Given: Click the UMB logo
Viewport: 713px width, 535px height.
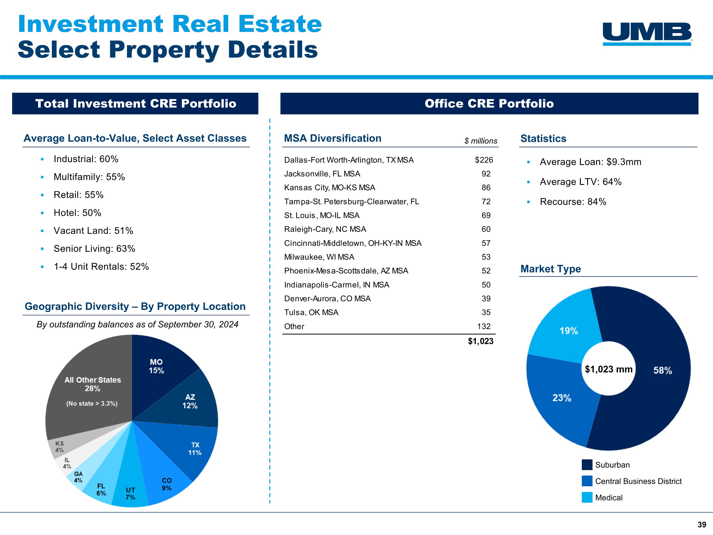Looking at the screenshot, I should click(x=647, y=34).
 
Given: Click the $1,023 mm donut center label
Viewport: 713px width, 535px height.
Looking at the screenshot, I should click(x=609, y=369).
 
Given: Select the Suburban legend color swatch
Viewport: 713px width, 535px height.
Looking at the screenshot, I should click(x=587, y=465).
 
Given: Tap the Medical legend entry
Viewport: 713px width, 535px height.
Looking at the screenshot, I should click(x=609, y=498).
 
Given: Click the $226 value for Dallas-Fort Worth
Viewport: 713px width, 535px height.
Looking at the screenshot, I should click(x=484, y=160).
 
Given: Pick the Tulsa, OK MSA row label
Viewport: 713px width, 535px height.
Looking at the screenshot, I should click(x=311, y=312).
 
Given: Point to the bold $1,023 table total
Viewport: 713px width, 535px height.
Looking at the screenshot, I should click(x=480, y=341).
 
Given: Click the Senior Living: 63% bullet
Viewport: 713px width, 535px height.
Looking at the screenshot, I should click(x=94, y=249).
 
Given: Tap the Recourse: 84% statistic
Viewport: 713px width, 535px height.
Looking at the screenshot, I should click(x=573, y=202).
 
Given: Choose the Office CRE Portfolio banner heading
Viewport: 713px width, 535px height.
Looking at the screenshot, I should click(x=489, y=103).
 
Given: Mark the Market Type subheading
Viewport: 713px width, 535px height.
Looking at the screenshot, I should click(x=550, y=269).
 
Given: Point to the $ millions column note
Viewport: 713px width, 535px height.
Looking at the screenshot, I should click(x=481, y=141).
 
